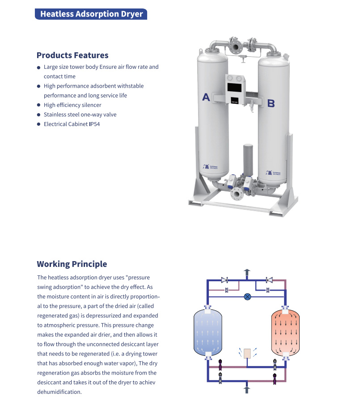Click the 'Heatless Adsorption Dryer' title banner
point(91,14)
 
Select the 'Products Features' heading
point(72,55)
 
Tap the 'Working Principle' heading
point(72,264)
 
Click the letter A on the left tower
point(206,97)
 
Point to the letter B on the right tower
point(271,104)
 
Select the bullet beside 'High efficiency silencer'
point(39,106)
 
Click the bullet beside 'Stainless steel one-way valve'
point(39,115)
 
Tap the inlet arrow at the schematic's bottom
point(246,389)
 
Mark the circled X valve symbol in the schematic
point(247,296)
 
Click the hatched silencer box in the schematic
point(247,353)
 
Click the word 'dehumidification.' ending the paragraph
point(59,392)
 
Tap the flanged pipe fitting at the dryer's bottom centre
point(236,193)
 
